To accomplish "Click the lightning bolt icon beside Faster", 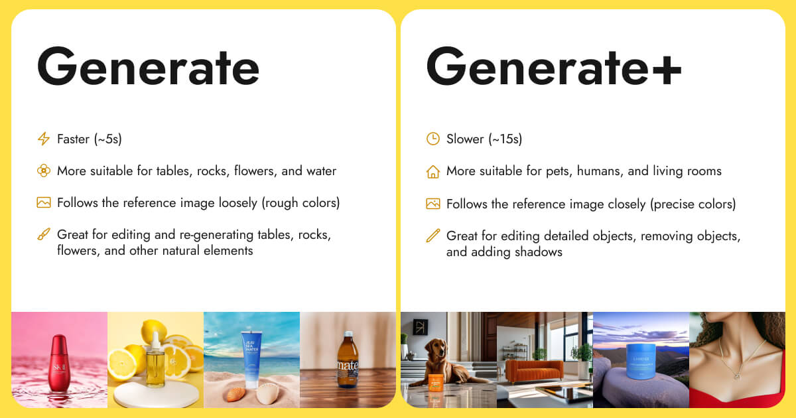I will point(44,139).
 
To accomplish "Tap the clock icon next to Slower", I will point(432,139).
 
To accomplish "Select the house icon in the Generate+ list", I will point(432,172).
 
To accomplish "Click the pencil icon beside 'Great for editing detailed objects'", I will point(432,236).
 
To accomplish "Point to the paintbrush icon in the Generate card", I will point(44,235).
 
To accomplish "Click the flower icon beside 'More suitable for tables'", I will point(44,171).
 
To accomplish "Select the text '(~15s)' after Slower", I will point(505,139).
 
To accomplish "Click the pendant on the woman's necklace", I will point(736,376).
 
